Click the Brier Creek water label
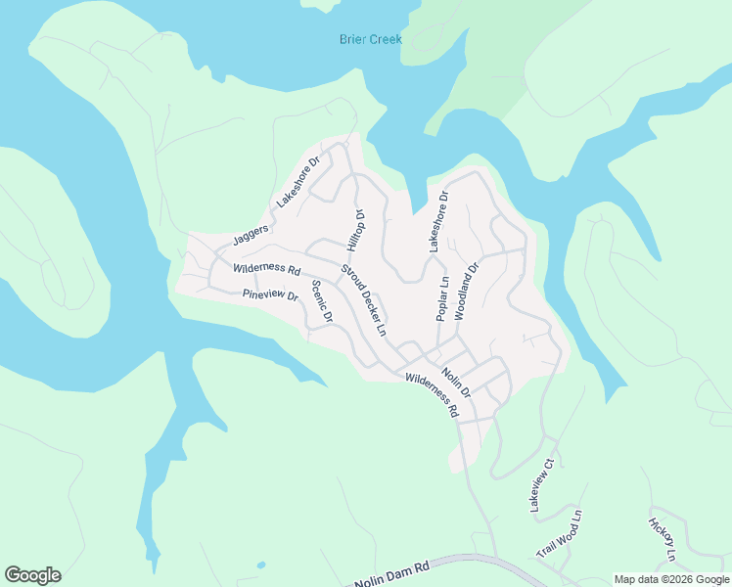coord(370,39)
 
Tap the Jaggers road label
coord(251,235)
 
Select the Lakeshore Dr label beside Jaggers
coord(298,182)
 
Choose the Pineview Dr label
coord(269,294)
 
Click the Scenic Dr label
coord(322,302)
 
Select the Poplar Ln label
coord(442,298)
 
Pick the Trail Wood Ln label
coord(559,534)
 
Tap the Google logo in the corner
coord(32,575)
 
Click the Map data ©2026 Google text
coord(670,579)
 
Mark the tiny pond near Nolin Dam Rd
coord(259,564)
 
